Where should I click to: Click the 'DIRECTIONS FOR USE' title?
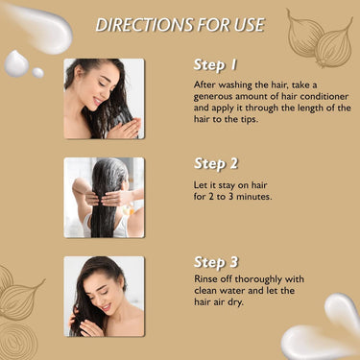(x=180, y=25)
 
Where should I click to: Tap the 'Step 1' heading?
(x=215, y=65)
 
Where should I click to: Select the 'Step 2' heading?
(x=216, y=164)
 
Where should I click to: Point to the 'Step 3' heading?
(x=216, y=262)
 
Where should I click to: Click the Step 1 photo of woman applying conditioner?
(x=104, y=99)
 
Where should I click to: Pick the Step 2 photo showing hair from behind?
(x=104, y=198)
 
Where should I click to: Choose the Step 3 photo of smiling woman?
(x=104, y=297)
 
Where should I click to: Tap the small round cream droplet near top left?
(x=38, y=73)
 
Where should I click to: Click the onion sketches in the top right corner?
(x=320, y=38)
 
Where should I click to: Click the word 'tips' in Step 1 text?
(x=249, y=120)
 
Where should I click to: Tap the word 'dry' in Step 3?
(x=236, y=302)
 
